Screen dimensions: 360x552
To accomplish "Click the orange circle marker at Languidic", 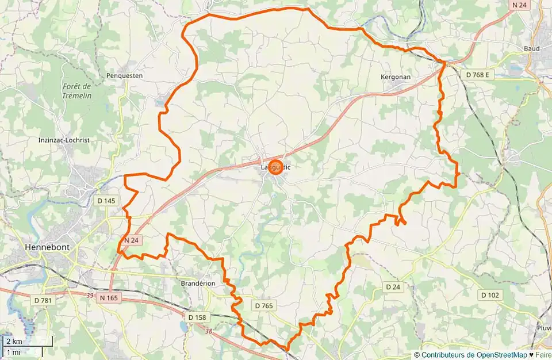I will tap(275, 167).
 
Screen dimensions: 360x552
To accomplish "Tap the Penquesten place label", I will tap(124, 75).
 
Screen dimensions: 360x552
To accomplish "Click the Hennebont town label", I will tap(47, 247).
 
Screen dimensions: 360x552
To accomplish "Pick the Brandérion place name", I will tap(198, 284).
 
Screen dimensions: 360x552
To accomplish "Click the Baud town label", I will tap(532, 48).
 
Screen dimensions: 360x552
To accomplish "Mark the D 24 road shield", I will tap(393, 286).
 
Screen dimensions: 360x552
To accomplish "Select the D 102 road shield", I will tap(489, 295).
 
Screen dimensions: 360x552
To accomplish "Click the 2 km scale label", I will tap(15, 342).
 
